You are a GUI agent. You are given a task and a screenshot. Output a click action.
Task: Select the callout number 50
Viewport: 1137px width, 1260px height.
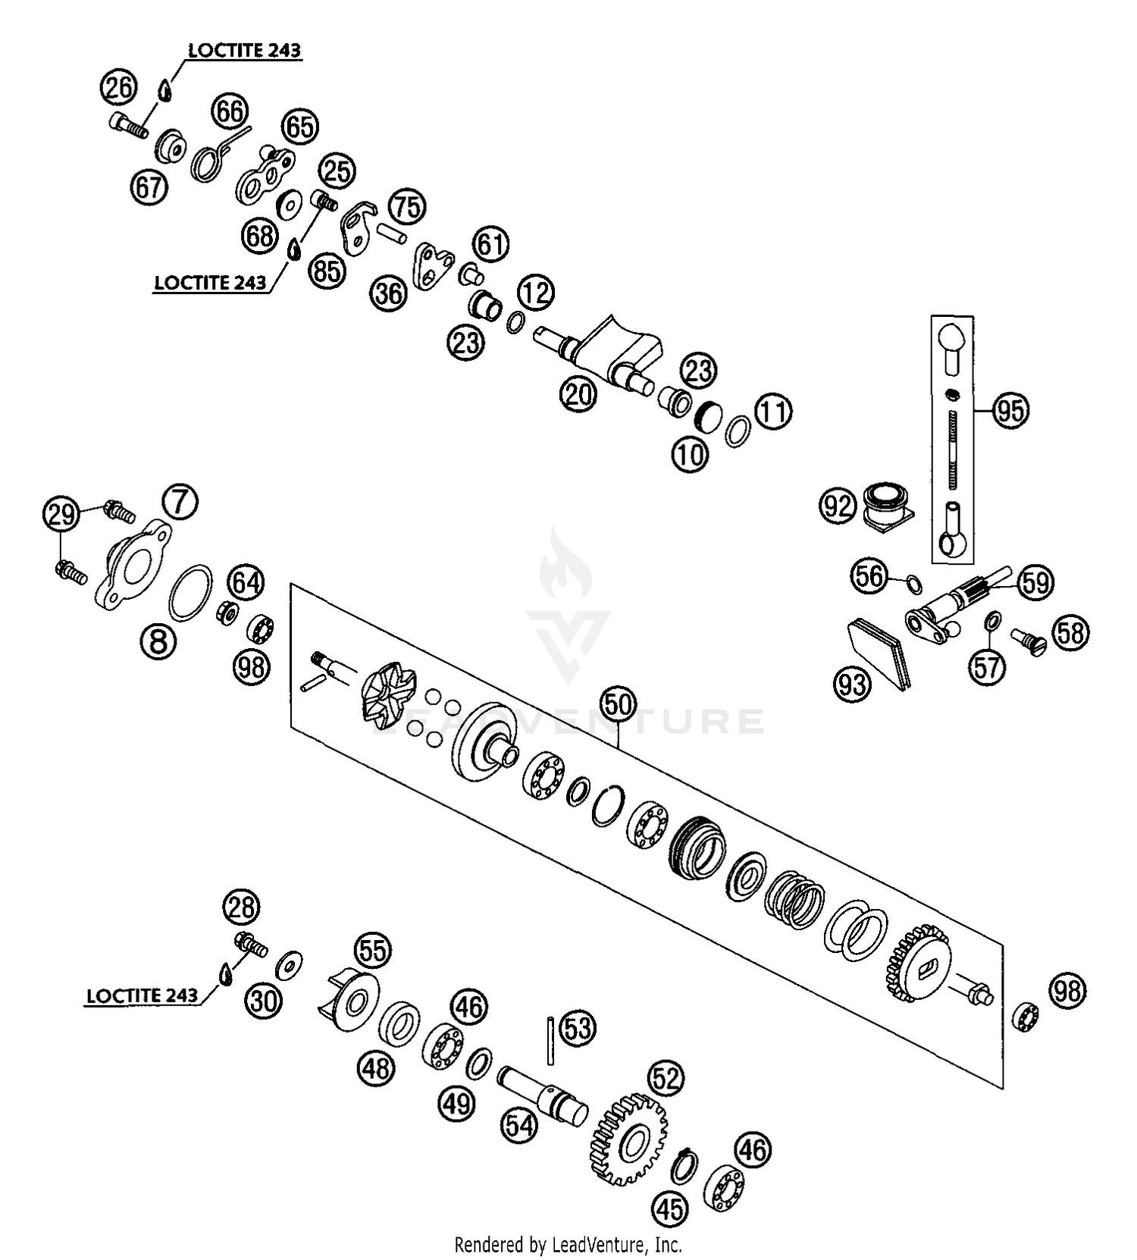click(618, 705)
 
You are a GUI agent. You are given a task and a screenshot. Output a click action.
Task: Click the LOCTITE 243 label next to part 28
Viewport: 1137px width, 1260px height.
click(142, 995)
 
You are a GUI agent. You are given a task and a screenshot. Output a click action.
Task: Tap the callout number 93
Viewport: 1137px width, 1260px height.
click(852, 685)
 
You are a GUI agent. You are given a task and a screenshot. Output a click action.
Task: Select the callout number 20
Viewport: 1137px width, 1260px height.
click(579, 394)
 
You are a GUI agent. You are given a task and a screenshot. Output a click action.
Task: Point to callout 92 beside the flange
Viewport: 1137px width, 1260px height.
click(838, 506)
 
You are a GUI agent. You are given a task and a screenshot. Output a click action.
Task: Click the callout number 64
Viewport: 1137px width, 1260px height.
click(246, 582)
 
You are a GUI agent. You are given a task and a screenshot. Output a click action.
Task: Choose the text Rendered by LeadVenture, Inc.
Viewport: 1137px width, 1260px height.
click(568, 1244)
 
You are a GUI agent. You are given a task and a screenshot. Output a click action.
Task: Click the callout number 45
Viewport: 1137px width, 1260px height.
click(670, 1208)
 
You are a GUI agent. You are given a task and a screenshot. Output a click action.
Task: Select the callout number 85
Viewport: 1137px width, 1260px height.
click(327, 270)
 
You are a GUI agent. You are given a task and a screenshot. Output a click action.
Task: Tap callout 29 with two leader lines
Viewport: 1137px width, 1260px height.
click(61, 515)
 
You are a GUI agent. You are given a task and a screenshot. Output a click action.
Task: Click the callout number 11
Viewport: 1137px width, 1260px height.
click(773, 412)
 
